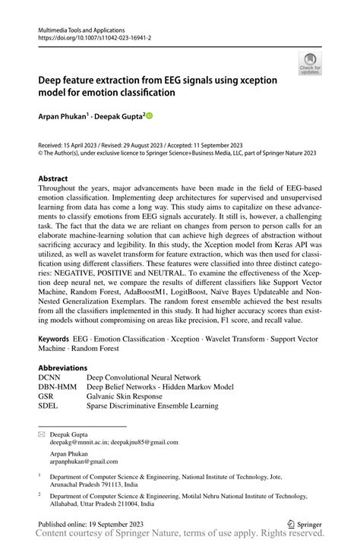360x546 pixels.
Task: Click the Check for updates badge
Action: [310, 65]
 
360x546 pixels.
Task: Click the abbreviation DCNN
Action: [52, 377]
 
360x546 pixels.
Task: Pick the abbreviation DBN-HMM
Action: [59, 387]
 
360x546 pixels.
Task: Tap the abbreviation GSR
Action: [47, 396]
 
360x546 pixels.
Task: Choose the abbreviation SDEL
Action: [49, 406]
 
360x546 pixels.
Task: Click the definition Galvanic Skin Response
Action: [135, 396]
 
